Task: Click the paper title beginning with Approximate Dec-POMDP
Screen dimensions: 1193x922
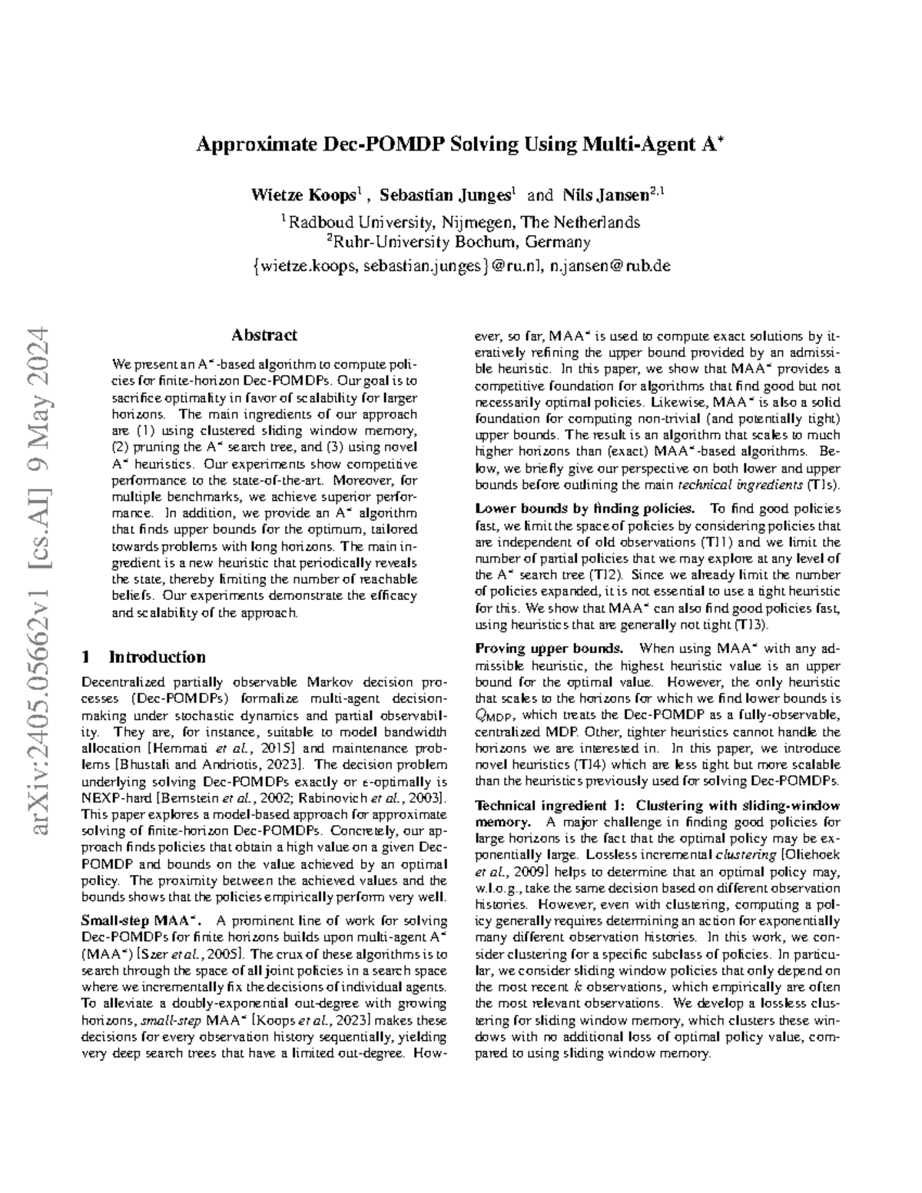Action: [461, 144]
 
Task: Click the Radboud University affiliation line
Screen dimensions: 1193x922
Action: [461, 223]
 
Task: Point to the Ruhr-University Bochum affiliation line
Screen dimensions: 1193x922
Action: [461, 243]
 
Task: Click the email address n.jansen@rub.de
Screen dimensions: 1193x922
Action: [606, 266]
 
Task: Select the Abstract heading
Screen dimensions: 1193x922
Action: [264, 335]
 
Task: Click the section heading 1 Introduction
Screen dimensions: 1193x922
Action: [144, 657]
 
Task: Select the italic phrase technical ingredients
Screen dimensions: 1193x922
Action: [739, 485]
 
